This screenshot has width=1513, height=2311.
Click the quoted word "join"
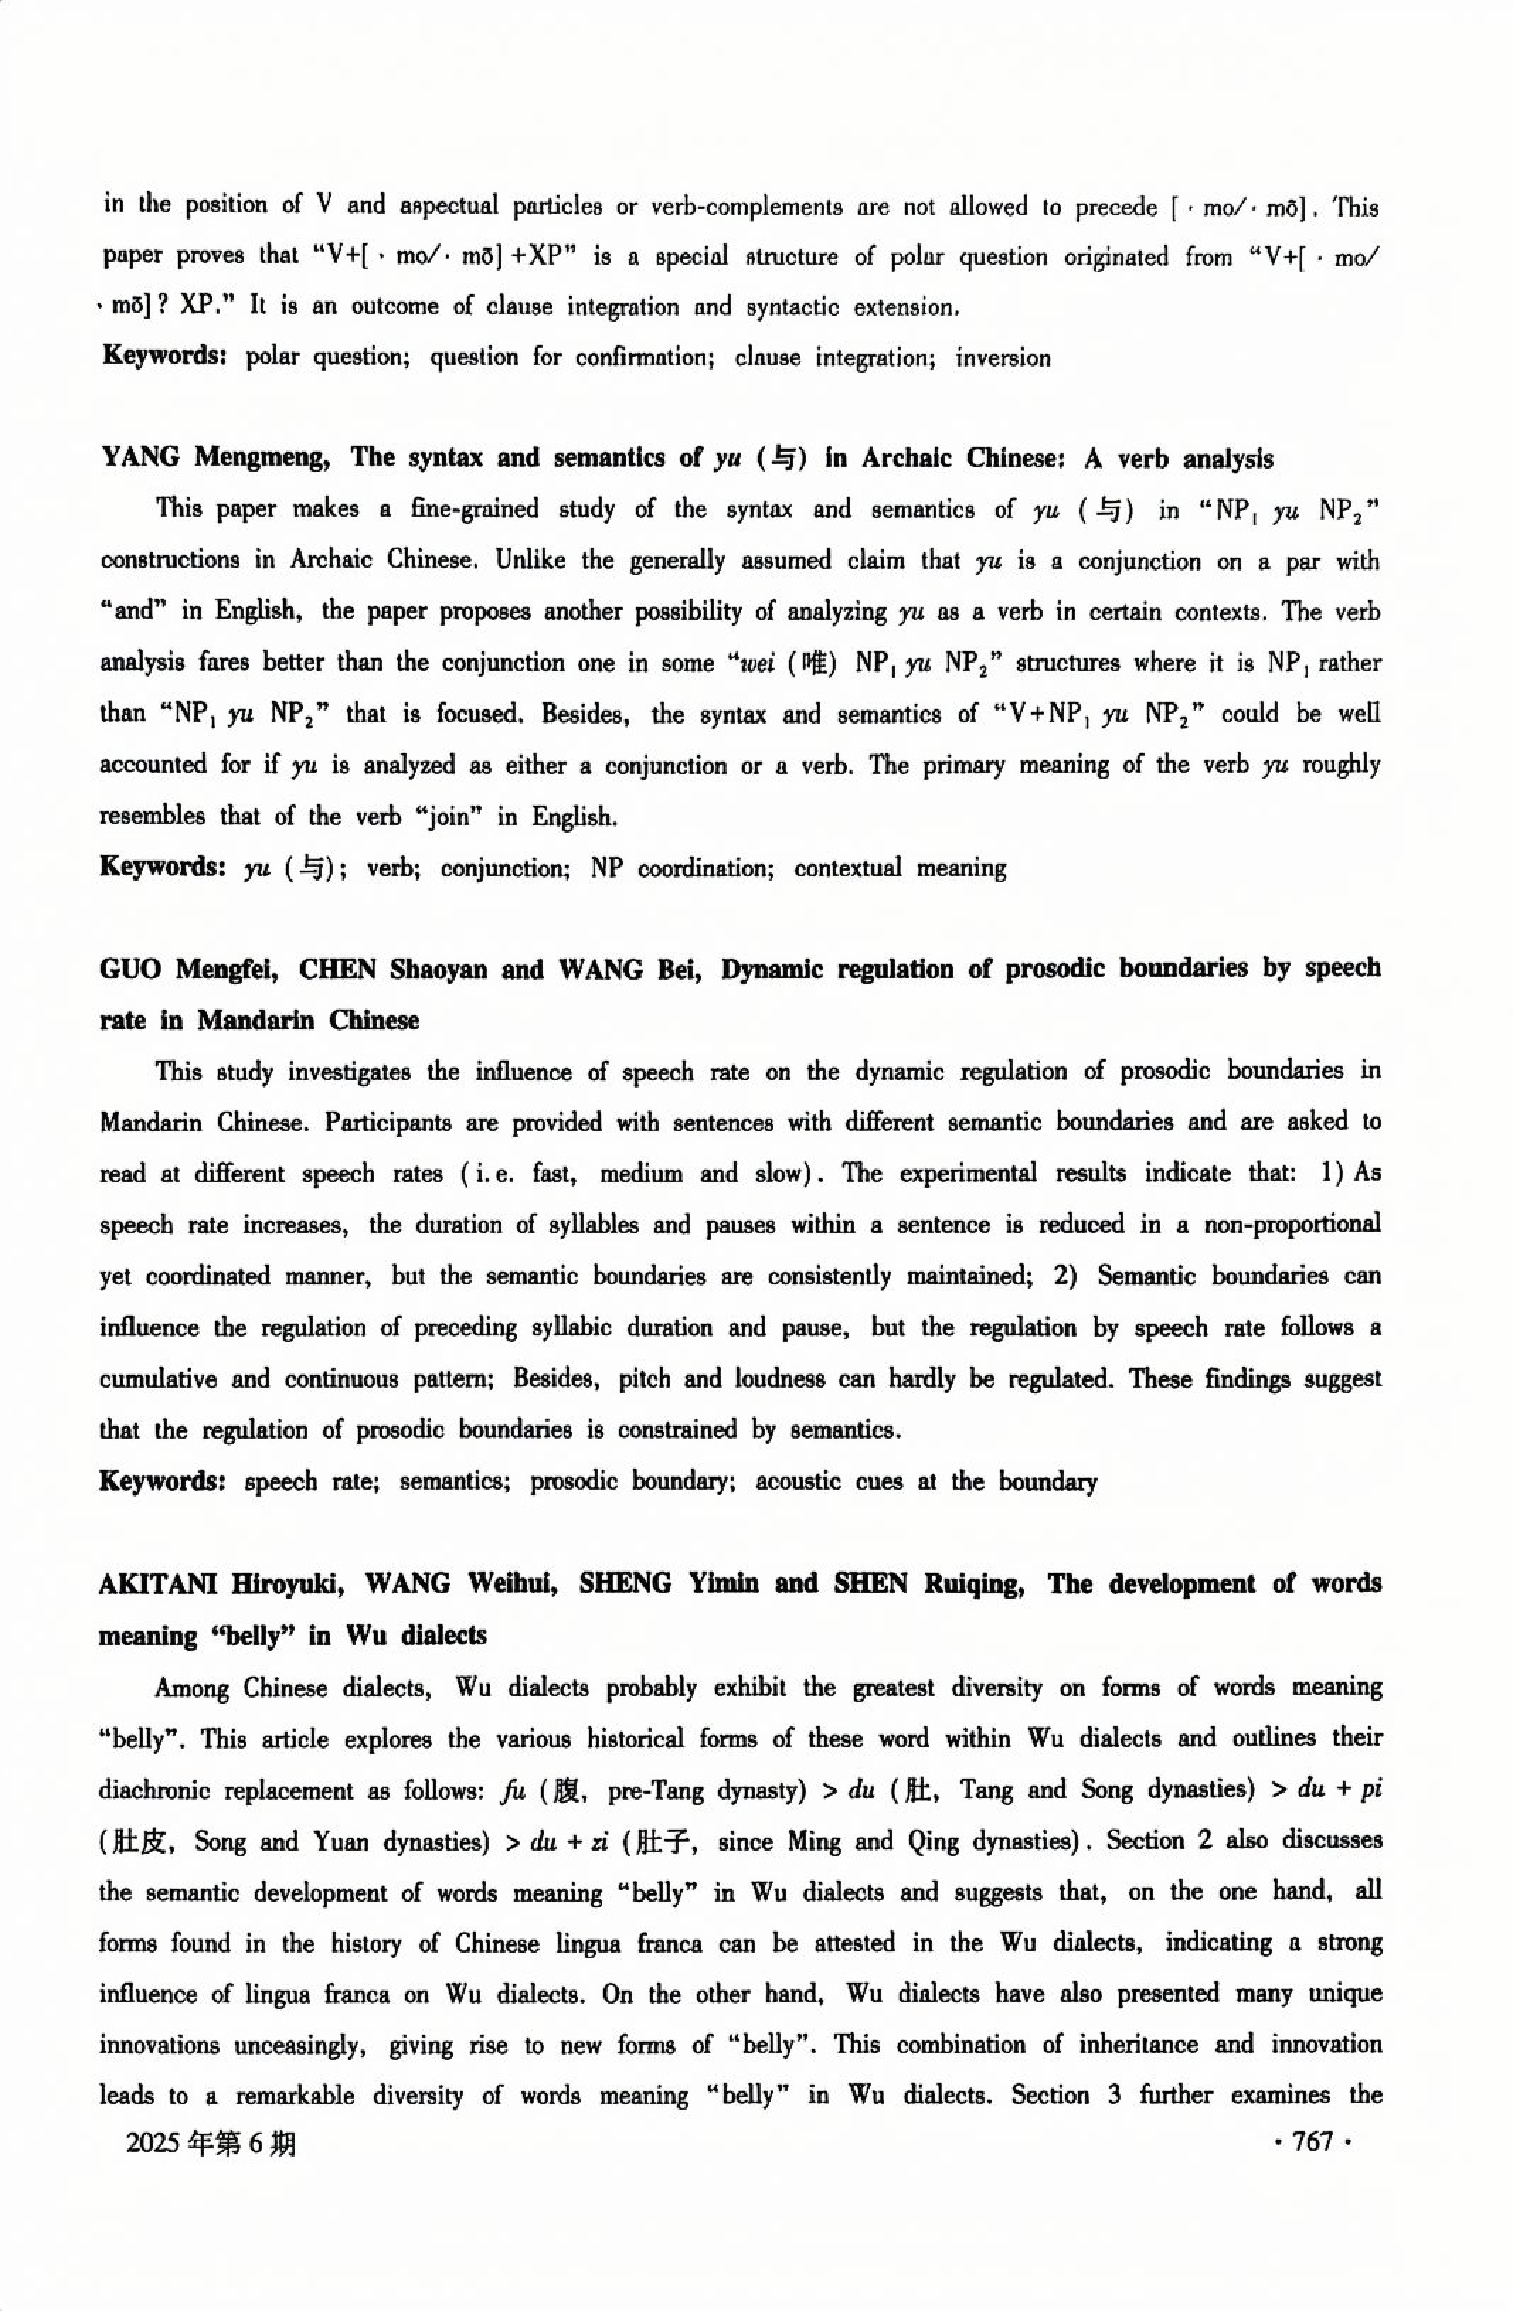447,817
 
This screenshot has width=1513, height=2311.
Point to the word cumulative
158,1380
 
